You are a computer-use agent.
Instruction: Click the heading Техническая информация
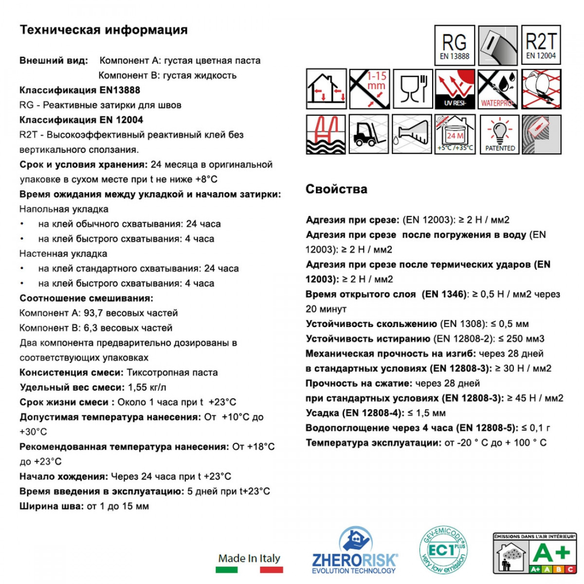tap(103, 30)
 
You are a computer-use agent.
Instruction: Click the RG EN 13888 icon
tap(454, 45)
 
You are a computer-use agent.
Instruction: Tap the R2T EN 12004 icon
tap(541, 45)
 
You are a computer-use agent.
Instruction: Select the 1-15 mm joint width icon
tap(369, 89)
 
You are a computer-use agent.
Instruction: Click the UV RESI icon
tap(455, 89)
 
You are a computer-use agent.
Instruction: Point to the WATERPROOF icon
tap(498, 89)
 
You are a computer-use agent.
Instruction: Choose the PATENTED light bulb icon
tap(500, 135)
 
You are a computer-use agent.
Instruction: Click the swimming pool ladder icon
tap(326, 135)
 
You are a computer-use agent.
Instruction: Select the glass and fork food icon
tap(413, 89)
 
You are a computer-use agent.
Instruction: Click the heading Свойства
tap(336, 189)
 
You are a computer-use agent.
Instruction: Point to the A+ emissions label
tap(534, 553)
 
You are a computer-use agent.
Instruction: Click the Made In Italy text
tap(249, 559)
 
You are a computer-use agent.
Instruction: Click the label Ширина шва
tap(52, 506)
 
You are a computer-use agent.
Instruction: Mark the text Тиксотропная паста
tap(172, 373)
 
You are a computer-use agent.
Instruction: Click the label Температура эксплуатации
tap(373, 443)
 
